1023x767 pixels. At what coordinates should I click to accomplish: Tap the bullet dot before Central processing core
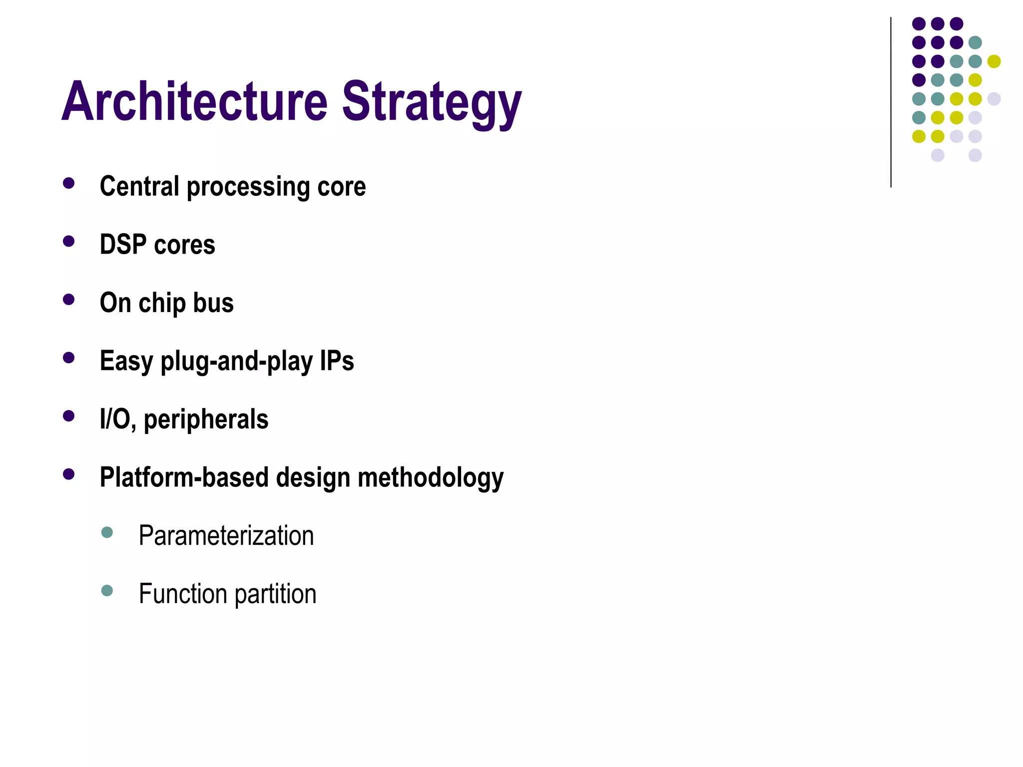tap(69, 183)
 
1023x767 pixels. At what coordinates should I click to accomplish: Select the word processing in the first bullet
tap(248, 187)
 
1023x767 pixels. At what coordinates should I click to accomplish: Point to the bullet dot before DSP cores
tap(69, 242)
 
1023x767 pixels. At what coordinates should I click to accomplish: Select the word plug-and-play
tap(236, 362)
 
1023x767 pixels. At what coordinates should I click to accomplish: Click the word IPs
tap(337, 361)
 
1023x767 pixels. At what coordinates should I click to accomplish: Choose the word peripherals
tap(206, 420)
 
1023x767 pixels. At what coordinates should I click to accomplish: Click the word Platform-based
tap(184, 477)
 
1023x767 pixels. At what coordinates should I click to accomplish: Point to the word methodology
tap(431, 478)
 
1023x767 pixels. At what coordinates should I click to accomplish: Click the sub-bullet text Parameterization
tap(226, 536)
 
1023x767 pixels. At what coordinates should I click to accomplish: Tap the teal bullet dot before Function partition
tap(107, 591)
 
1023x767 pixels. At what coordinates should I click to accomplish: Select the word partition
tap(275, 594)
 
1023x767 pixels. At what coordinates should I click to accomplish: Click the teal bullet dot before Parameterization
tap(107, 532)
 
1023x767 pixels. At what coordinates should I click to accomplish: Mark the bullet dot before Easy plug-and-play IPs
tap(69, 358)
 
